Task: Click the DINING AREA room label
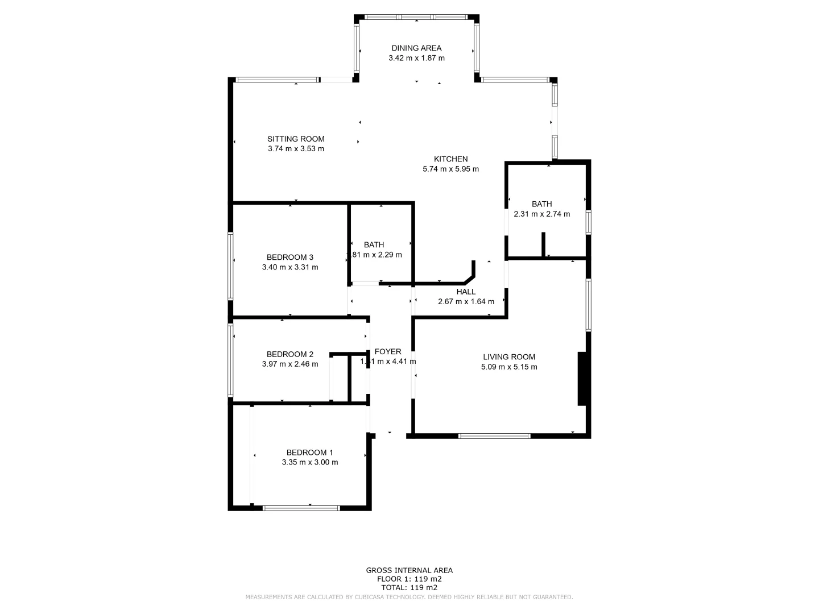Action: click(x=416, y=48)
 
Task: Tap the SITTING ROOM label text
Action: click(x=296, y=139)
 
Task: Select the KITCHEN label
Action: click(x=450, y=159)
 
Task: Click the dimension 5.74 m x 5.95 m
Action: click(x=450, y=169)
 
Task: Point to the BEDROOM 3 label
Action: click(x=290, y=258)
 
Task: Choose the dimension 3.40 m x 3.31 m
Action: click(x=290, y=267)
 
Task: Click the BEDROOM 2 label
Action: click(x=290, y=354)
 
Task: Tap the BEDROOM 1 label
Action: click(x=309, y=453)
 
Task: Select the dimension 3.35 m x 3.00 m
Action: click(x=309, y=462)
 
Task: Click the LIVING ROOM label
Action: click(x=509, y=357)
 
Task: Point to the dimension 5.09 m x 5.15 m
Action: click(x=509, y=367)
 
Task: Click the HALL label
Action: click(x=466, y=292)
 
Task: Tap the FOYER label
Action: click(x=388, y=352)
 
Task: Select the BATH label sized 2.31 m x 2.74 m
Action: click(x=541, y=204)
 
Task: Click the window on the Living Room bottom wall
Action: click(x=494, y=436)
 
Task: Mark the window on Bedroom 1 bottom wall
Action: click(x=301, y=508)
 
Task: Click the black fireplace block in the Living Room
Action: click(x=582, y=379)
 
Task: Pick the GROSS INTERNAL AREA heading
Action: click(x=409, y=570)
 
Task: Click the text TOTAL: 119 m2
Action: click(x=409, y=587)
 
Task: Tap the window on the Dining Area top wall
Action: click(x=416, y=17)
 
